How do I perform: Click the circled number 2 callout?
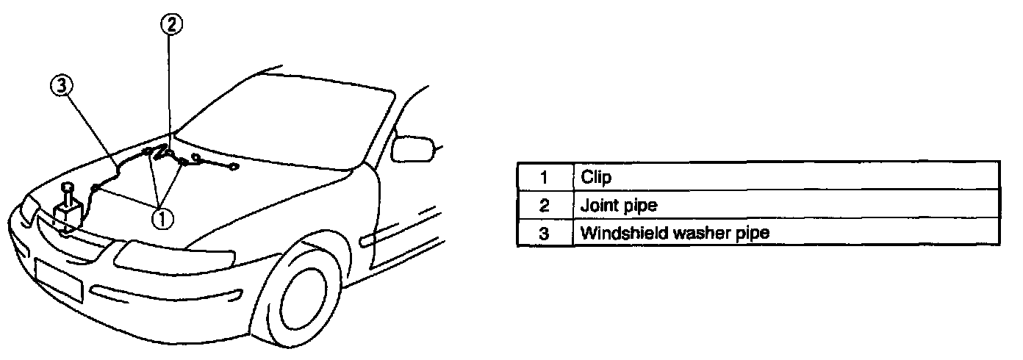coord(170,25)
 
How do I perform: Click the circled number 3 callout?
coord(60,87)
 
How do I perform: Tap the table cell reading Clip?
coord(785,177)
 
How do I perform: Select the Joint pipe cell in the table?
coord(785,205)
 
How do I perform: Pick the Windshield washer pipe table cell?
coord(785,233)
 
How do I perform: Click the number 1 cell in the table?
coord(545,177)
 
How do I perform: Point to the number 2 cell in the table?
coord(545,205)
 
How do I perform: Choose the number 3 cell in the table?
coord(545,233)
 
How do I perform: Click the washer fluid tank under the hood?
coord(70,216)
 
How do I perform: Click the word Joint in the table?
coord(596,205)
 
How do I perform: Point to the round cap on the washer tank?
coord(68,188)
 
